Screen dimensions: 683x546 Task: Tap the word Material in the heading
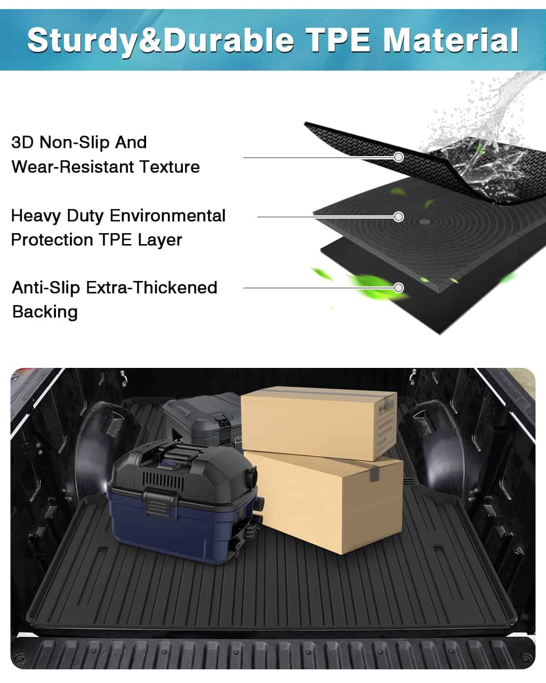click(450, 40)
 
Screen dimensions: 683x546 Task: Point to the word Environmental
click(168, 215)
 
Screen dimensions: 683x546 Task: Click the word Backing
click(45, 312)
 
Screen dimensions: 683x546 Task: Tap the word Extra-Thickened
click(152, 287)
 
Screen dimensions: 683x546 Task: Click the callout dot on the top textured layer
click(399, 157)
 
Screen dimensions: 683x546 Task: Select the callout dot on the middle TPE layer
click(399, 217)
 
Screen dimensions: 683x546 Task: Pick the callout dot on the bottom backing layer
click(399, 288)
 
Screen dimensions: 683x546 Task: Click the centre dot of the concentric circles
click(425, 222)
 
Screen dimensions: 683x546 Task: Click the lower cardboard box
click(328, 501)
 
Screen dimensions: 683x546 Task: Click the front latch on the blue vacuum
click(159, 503)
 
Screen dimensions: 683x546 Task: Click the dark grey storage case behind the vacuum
click(200, 417)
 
